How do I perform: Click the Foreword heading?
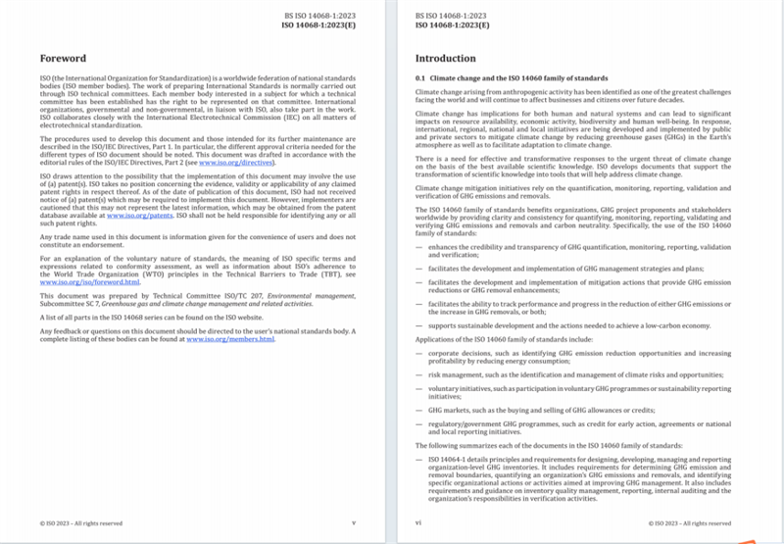[x=64, y=59]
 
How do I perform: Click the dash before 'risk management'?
[x=418, y=375]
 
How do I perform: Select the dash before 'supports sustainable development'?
[x=418, y=323]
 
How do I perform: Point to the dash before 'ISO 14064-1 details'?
[x=418, y=458]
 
